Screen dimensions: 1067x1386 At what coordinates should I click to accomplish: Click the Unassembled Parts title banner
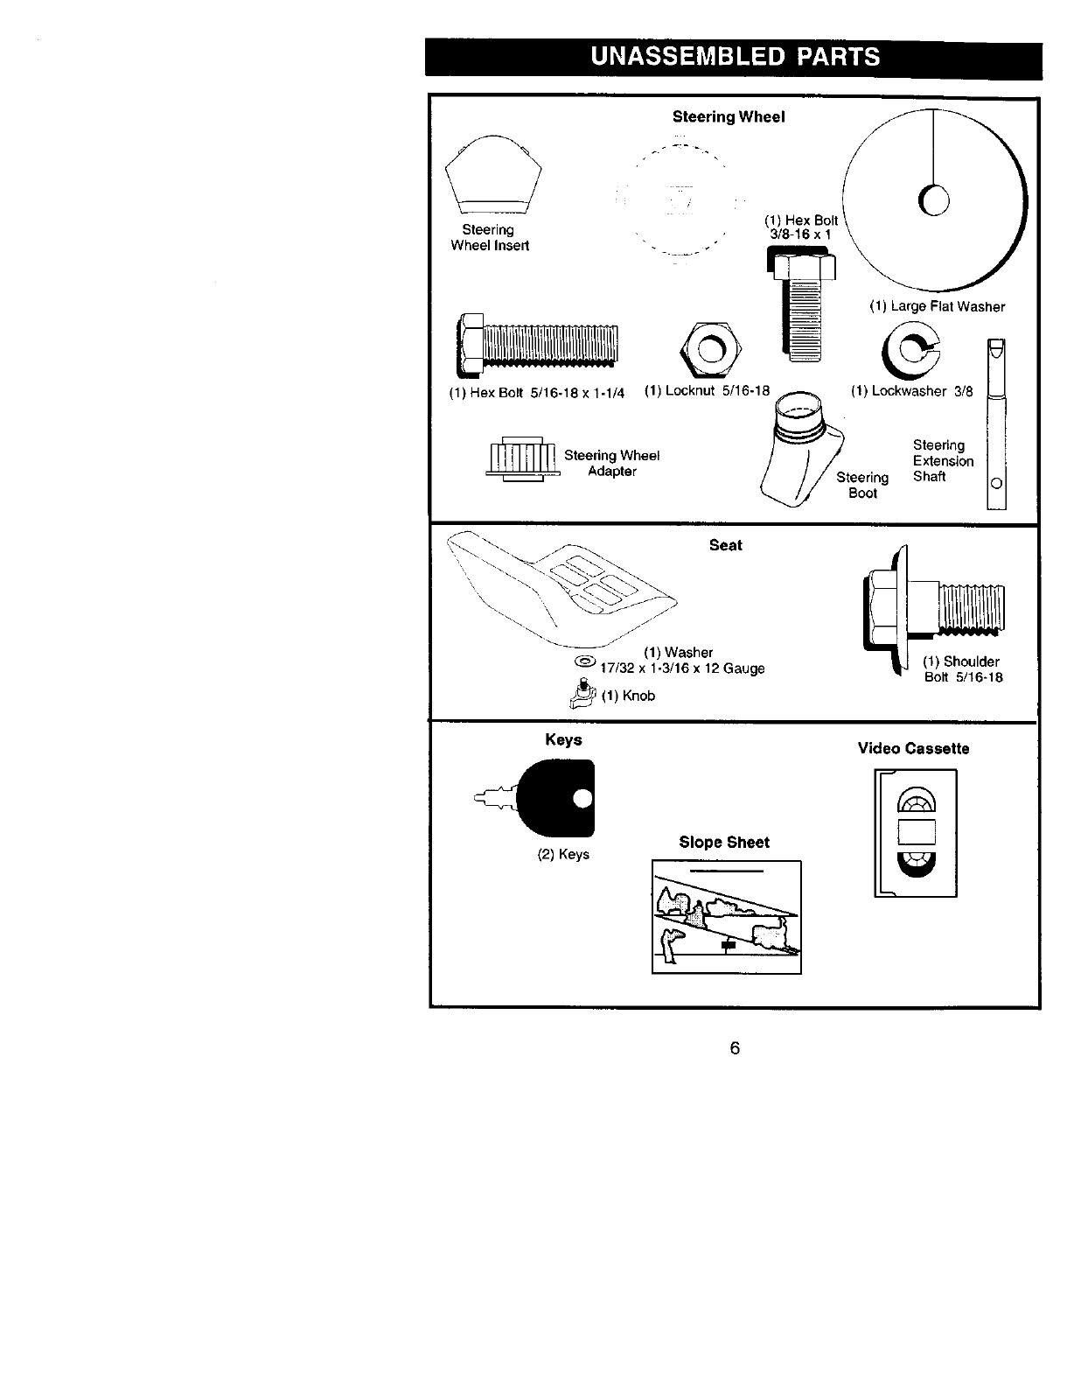[734, 57]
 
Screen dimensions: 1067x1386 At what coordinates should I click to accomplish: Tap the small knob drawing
[581, 695]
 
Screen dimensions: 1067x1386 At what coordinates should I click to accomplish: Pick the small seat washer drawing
[584, 661]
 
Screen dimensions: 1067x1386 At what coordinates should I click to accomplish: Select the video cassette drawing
[915, 832]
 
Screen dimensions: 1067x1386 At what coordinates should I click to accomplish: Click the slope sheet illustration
[726, 917]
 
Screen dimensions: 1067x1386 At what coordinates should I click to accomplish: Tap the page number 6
[735, 1047]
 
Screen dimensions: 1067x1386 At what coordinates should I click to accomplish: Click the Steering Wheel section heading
[729, 116]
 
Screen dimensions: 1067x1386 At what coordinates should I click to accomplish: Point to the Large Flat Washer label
[937, 306]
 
